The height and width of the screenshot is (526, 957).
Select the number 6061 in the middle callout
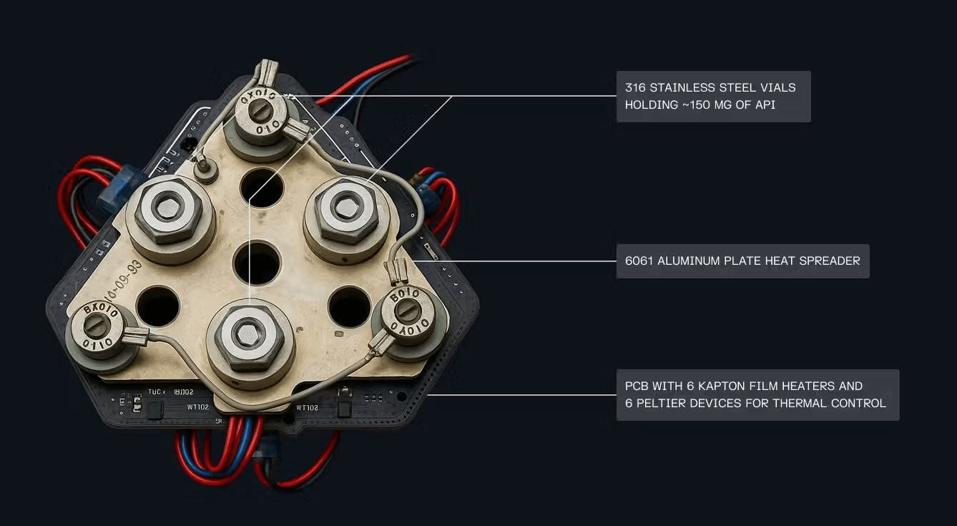coord(639,260)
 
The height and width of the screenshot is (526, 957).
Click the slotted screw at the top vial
coord(262,111)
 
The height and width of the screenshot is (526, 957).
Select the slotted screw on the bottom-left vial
coord(97,326)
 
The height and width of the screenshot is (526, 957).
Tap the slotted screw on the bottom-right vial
coord(408,310)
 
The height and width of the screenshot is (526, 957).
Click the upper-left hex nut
coord(170,208)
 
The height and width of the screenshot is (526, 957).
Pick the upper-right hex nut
coord(347,208)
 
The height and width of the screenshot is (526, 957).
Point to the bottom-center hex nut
coord(250,333)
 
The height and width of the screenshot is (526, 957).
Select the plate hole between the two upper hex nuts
coord(262,187)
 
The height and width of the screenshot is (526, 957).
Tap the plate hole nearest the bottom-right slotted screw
coord(349,306)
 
